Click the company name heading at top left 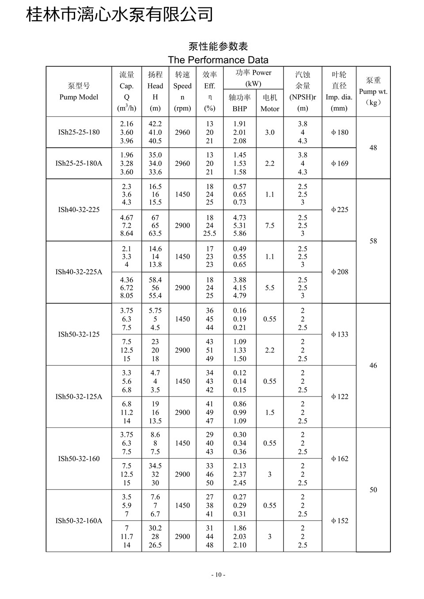(x=120, y=15)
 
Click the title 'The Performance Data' (x=218, y=60)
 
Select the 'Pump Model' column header (x=79, y=97)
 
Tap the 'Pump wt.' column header (x=373, y=92)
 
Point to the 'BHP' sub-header (x=239, y=109)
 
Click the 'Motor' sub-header (x=270, y=109)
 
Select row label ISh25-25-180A (x=79, y=163)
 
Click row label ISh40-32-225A (x=79, y=272)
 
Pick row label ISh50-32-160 (x=79, y=459)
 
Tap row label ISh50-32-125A (x=79, y=397)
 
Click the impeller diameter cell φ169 (x=340, y=163)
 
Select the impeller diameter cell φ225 (x=340, y=210)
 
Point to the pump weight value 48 (x=373, y=148)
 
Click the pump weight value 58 (x=373, y=241)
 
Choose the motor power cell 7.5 (x=270, y=225)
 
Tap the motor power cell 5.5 (x=270, y=288)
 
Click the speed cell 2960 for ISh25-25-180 (x=182, y=132)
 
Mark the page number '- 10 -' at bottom (x=218, y=575)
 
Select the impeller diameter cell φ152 (x=340, y=521)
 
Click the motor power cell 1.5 (x=270, y=412)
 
